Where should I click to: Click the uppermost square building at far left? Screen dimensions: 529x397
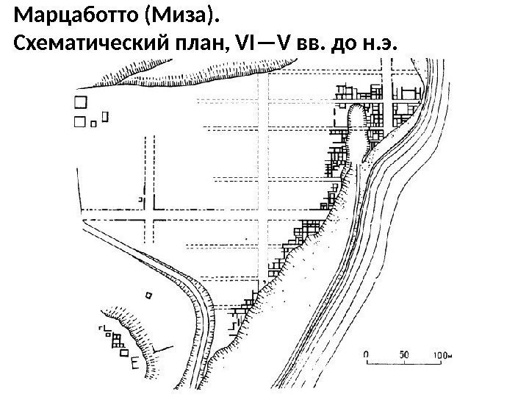point(79,103)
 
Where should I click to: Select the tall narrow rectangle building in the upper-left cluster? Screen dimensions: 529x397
point(105,116)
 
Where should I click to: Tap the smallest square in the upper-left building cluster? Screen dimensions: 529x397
point(93,124)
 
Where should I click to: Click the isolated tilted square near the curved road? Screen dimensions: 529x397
point(150,295)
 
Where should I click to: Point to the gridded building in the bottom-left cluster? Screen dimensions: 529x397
point(115,339)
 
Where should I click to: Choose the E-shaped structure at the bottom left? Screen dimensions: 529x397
point(134,362)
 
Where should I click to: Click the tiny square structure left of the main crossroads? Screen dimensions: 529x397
point(140,198)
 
